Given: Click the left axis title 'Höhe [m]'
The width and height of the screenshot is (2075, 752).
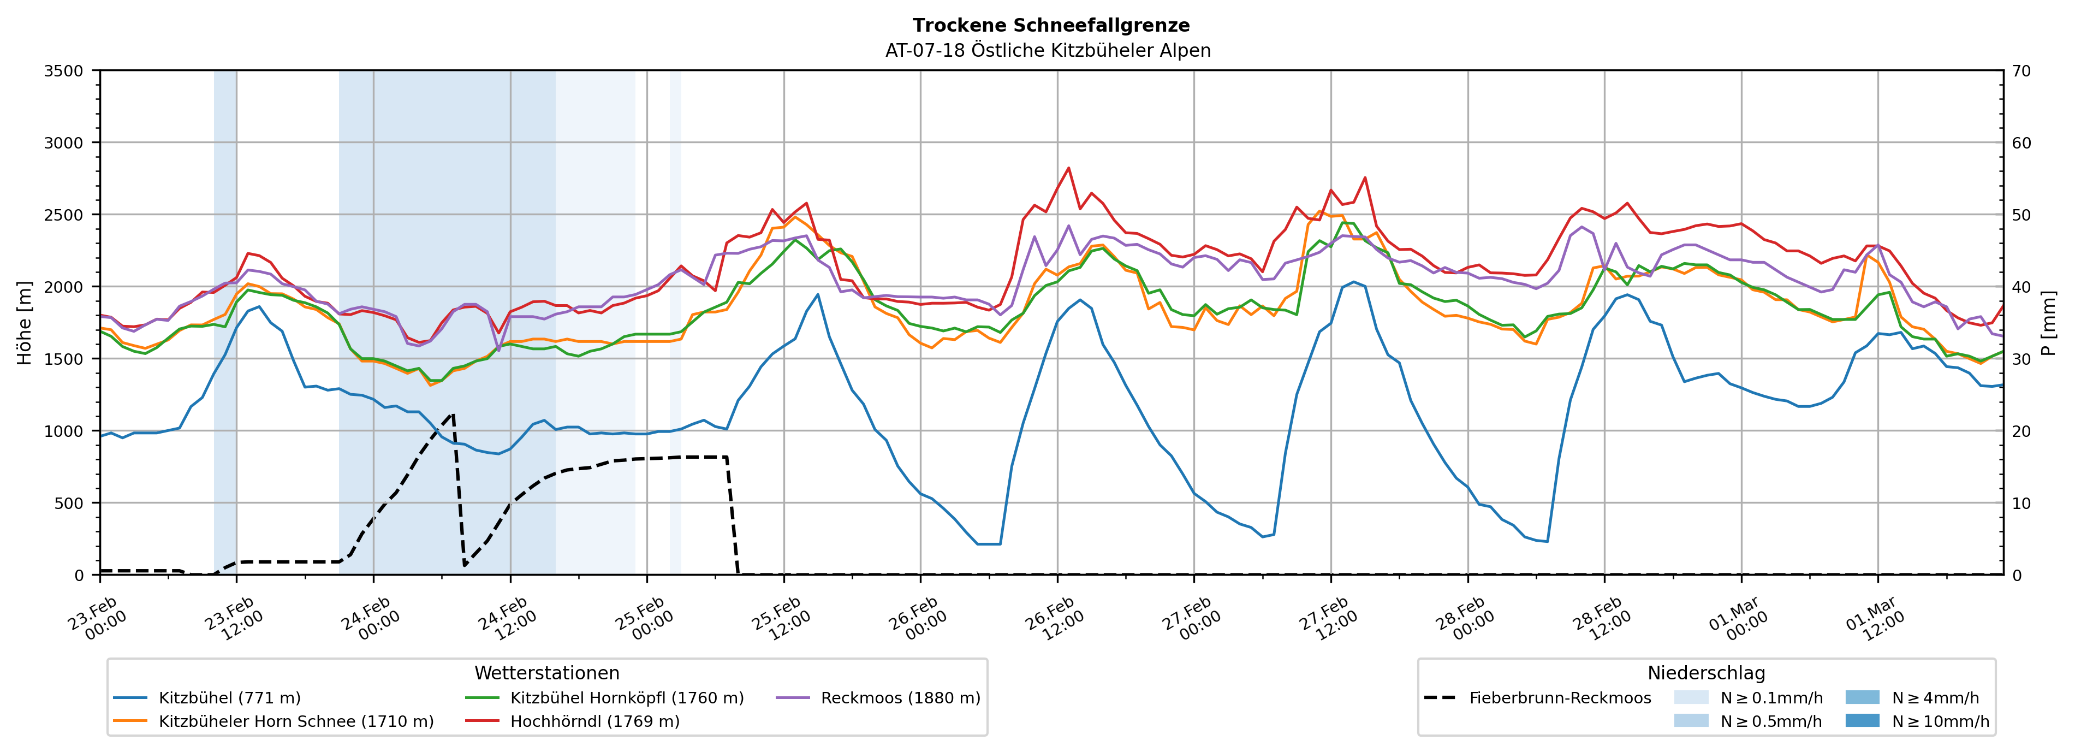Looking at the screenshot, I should pyautogui.click(x=25, y=322).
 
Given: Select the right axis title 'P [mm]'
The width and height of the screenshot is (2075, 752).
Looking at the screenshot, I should pyautogui.click(x=2048, y=322).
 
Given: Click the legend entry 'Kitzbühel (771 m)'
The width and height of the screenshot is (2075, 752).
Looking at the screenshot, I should pyautogui.click(x=230, y=698).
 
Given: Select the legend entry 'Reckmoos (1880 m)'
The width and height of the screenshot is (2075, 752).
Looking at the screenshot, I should pyautogui.click(x=900, y=698).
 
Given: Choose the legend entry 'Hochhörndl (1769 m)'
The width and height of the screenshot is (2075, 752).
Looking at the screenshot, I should pyautogui.click(x=594, y=721).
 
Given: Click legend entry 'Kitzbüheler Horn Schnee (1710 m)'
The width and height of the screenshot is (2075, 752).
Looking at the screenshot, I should pyautogui.click(x=296, y=721).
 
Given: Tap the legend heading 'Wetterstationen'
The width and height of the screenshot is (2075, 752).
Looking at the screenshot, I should pyautogui.click(x=547, y=673).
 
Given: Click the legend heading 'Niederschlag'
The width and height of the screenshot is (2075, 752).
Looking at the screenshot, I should pyautogui.click(x=1706, y=673).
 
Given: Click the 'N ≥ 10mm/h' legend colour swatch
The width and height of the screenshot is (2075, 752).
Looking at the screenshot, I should pyautogui.click(x=1862, y=720).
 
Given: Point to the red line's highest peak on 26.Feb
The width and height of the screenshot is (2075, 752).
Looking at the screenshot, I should pyautogui.click(x=1068, y=168).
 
